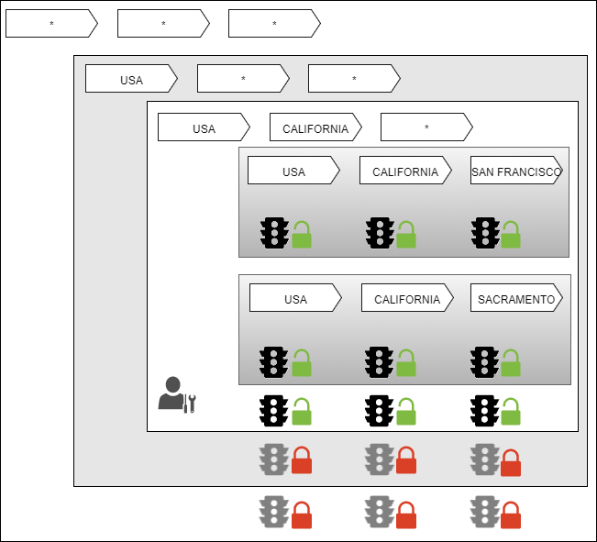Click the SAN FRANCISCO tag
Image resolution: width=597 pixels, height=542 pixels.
coord(515,171)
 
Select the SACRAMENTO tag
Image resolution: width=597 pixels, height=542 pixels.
coord(516,298)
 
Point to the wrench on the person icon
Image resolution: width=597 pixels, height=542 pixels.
coord(191,402)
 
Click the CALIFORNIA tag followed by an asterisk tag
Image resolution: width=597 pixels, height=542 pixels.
coord(315,127)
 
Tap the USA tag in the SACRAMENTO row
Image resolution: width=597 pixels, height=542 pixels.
coord(294,298)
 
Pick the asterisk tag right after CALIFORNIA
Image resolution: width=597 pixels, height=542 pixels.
coord(426,127)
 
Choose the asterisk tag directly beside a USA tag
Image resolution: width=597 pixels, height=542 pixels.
coord(242,79)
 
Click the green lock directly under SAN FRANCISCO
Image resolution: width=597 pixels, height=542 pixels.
coord(511,236)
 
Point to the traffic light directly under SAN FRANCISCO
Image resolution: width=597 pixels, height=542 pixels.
coord(485,233)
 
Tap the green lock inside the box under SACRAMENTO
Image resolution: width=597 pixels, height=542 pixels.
coord(511,364)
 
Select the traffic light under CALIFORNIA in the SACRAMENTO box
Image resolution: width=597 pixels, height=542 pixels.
coord(379,361)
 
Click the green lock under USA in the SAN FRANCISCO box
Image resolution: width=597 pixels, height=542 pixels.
coord(302,236)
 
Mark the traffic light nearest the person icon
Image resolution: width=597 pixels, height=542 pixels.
coord(273,410)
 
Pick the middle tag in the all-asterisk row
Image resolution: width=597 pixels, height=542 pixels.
coord(162,24)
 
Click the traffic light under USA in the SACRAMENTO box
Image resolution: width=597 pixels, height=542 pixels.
coord(273,361)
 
